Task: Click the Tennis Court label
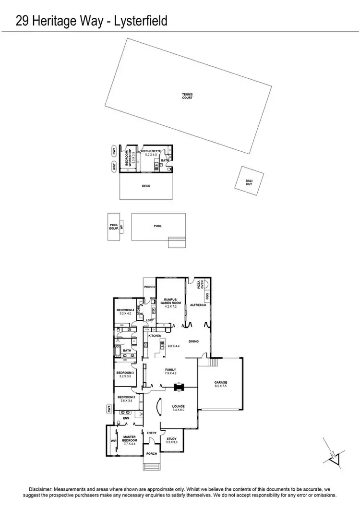pyautogui.click(x=187, y=96)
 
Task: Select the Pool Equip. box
pyautogui.click(x=114, y=226)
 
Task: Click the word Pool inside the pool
pyautogui.click(x=158, y=226)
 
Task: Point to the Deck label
pyautogui.click(x=146, y=186)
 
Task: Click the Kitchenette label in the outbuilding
pyautogui.click(x=150, y=151)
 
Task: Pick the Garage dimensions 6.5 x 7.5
pyautogui.click(x=221, y=386)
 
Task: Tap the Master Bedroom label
pyautogui.click(x=130, y=439)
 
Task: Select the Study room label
pyautogui.click(x=172, y=439)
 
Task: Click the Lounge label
pyautogui.click(x=179, y=407)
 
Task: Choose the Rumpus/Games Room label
pyautogui.click(x=171, y=302)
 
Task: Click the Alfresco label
pyautogui.click(x=198, y=305)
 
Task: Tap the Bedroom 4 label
pyautogui.click(x=124, y=310)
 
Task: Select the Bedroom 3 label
pyautogui.click(x=124, y=372)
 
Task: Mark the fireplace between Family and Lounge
pyautogui.click(x=179, y=387)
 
